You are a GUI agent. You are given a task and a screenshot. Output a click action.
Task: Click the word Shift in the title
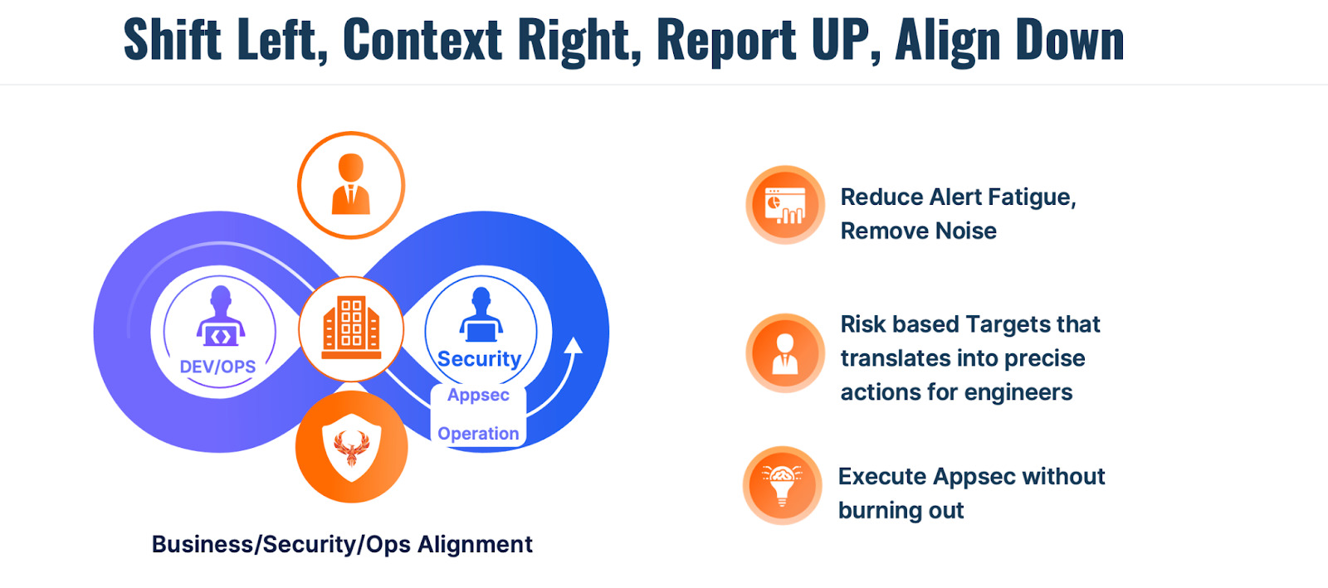point(173,40)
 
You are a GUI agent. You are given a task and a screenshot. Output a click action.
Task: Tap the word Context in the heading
point(422,40)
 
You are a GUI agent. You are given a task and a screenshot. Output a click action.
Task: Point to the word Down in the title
point(1070,40)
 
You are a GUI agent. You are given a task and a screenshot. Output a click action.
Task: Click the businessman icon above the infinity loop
point(351,185)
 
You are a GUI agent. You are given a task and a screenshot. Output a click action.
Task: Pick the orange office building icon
point(351,328)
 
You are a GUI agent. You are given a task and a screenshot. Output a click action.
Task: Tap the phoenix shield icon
point(352,446)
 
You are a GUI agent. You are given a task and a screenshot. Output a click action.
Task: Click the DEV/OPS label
point(217,367)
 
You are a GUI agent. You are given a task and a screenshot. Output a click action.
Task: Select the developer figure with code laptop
point(221,317)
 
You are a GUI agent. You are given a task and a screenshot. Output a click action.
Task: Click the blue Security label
point(479,358)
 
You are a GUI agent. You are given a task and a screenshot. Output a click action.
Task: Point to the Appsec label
point(478,395)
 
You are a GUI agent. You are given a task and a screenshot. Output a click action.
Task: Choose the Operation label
point(478,434)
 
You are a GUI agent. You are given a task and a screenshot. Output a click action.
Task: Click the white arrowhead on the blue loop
point(573,346)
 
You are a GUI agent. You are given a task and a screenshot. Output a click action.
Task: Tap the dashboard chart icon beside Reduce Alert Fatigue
point(785,205)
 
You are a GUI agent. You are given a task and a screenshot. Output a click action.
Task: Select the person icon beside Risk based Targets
point(785,353)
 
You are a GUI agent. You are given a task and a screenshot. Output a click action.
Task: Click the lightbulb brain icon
point(783,485)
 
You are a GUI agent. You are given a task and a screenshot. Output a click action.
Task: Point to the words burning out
point(901,510)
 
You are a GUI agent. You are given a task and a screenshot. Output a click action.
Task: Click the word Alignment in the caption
point(475,545)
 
